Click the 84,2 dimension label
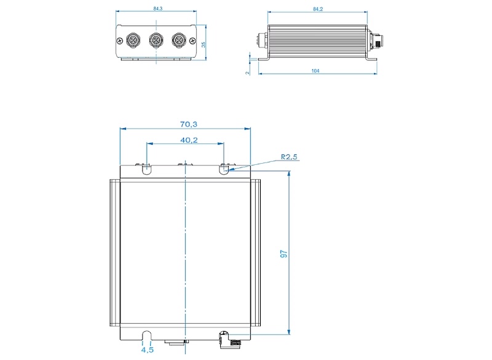pos(317,9)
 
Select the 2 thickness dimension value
pos(247,72)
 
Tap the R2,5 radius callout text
pos(289,158)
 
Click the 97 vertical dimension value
pos(284,254)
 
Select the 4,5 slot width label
pos(147,350)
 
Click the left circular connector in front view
pos(132,41)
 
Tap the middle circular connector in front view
pos(155,41)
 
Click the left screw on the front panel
pos(118,41)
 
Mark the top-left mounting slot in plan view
pos(146,168)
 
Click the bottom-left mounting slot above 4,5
pos(147,335)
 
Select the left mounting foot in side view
pos(265,59)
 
